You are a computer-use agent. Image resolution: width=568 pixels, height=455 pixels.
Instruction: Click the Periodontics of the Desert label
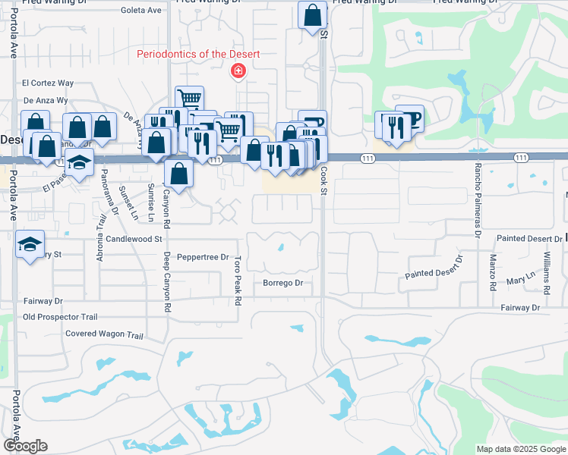198,54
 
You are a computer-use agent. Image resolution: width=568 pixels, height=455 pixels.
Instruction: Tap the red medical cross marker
238,71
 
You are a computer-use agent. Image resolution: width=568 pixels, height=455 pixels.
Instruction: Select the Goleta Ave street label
142,10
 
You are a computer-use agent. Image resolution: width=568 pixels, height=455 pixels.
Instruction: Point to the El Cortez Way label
48,83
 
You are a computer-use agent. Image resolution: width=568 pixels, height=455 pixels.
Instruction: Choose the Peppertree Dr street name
203,257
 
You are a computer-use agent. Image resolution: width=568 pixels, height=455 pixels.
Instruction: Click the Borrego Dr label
282,283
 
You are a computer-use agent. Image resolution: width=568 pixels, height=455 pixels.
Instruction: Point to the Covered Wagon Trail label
104,334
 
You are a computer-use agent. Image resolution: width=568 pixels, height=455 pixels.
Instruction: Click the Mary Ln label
516,280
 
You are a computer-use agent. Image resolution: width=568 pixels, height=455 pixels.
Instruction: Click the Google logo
25,446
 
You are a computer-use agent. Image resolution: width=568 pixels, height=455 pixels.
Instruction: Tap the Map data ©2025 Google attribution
521,449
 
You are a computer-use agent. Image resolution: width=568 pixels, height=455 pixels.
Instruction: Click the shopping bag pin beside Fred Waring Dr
312,14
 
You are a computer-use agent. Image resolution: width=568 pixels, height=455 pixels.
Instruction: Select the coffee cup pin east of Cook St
409,118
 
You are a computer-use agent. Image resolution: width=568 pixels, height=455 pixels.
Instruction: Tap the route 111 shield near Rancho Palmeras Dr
520,157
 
